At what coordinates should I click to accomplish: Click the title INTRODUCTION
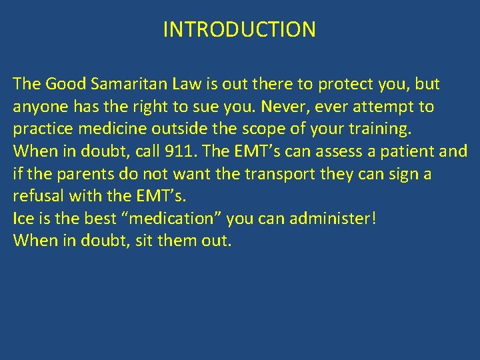[239, 29]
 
